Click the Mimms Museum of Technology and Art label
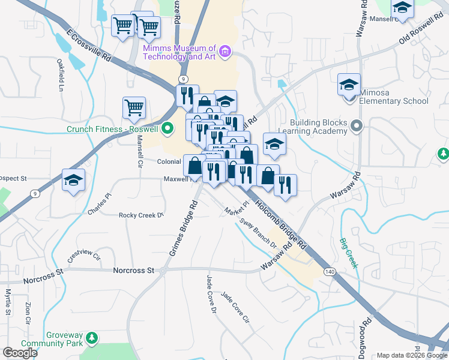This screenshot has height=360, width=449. [x=179, y=52]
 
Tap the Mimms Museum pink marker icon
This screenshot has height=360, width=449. [x=225, y=52]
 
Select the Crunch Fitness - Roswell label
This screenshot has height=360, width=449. [x=113, y=129]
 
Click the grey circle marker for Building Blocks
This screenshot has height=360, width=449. [x=357, y=126]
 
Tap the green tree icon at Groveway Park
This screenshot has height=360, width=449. [x=91, y=339]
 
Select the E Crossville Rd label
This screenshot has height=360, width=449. [x=89, y=46]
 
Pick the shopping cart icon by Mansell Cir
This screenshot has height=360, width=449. [x=134, y=108]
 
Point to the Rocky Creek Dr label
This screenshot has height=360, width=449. [x=141, y=215]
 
